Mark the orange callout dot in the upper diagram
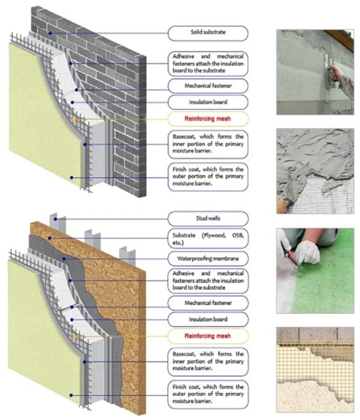point(74,119)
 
